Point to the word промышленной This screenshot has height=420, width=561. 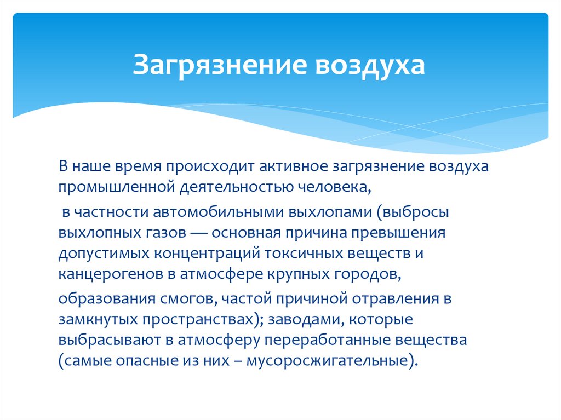(116, 188)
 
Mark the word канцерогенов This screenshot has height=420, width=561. (113, 275)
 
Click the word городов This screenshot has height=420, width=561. (368, 275)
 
